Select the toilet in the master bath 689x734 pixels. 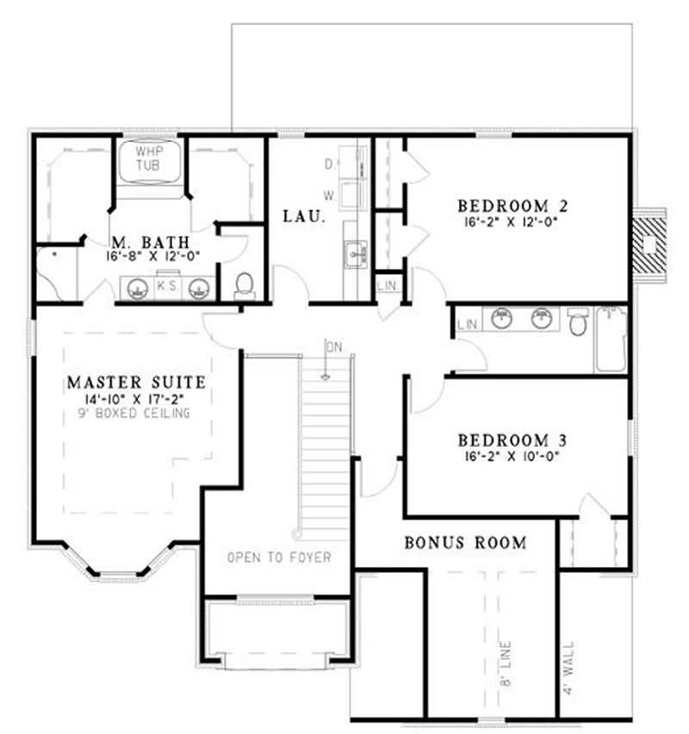[x=244, y=284]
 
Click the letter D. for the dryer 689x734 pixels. [x=329, y=164]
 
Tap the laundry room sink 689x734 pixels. [x=356, y=254]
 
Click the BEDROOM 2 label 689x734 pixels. [x=513, y=206]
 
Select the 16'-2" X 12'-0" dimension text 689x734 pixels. [x=513, y=221]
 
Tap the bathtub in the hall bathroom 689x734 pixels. [x=611, y=339]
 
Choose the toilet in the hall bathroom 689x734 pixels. [x=579, y=323]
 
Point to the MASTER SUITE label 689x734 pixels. [x=135, y=380]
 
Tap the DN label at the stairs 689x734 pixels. [x=334, y=346]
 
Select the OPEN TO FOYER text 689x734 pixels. [x=279, y=557]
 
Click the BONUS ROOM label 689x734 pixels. [x=465, y=543]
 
